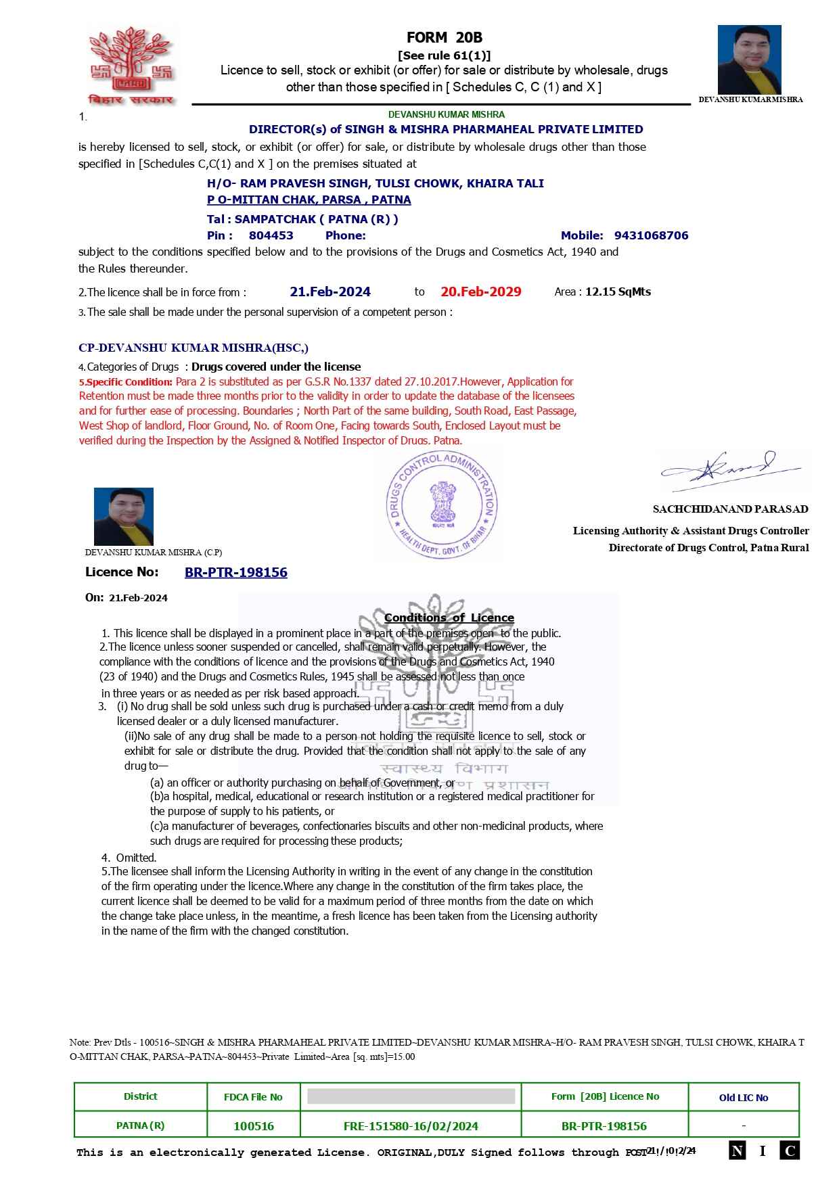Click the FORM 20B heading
(x=444, y=38)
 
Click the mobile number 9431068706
(x=651, y=235)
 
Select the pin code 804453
(x=271, y=235)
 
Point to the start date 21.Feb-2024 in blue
(x=330, y=292)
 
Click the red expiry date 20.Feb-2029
(x=480, y=292)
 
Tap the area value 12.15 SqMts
(x=618, y=292)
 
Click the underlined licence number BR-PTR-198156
(x=235, y=572)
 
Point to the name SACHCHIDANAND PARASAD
(x=730, y=509)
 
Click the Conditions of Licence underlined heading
(x=449, y=618)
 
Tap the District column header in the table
(x=140, y=1096)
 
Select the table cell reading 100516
(x=253, y=1126)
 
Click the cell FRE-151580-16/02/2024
(x=411, y=1126)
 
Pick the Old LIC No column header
(x=743, y=1098)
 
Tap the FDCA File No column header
(x=253, y=1097)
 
